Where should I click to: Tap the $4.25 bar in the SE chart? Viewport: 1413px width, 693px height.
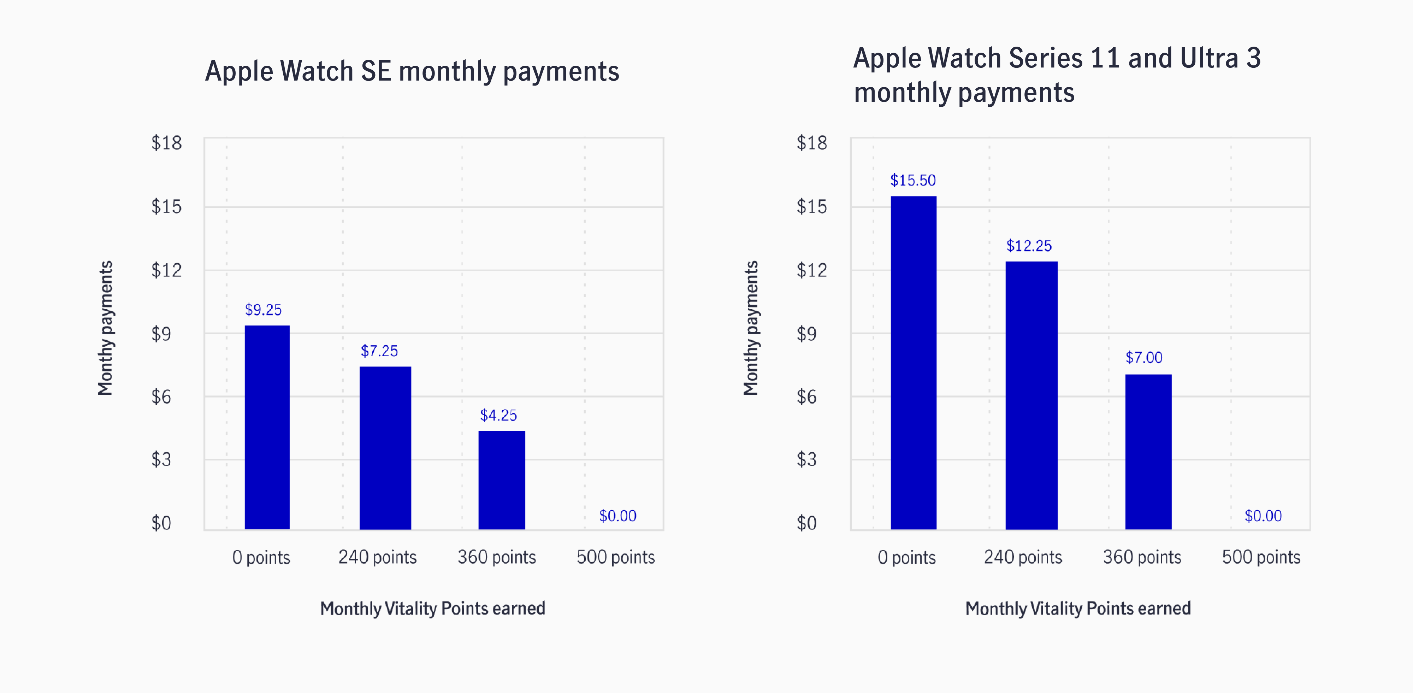(x=501, y=480)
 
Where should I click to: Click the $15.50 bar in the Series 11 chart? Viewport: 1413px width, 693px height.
(x=913, y=362)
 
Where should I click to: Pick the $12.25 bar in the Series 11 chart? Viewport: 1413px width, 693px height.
(x=1031, y=395)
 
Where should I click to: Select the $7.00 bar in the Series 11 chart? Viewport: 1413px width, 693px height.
(x=1148, y=452)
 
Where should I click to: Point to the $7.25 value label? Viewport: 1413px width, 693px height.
(x=379, y=351)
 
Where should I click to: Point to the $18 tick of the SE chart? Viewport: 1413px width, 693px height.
(x=166, y=143)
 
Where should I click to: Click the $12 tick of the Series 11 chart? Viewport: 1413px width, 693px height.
(x=811, y=270)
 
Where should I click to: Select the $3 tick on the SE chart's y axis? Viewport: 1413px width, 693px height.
(x=161, y=459)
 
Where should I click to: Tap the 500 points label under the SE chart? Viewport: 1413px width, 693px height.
(x=615, y=557)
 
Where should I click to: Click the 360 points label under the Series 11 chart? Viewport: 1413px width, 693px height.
(x=1142, y=557)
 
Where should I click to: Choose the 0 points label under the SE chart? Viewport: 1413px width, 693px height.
(x=261, y=557)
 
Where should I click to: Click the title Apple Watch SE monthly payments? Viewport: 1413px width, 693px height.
(x=412, y=71)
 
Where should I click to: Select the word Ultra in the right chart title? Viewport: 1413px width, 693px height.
(x=1209, y=58)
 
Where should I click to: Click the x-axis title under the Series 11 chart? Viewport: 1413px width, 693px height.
(x=1078, y=609)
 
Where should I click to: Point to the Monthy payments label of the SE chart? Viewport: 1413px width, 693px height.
(x=105, y=328)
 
